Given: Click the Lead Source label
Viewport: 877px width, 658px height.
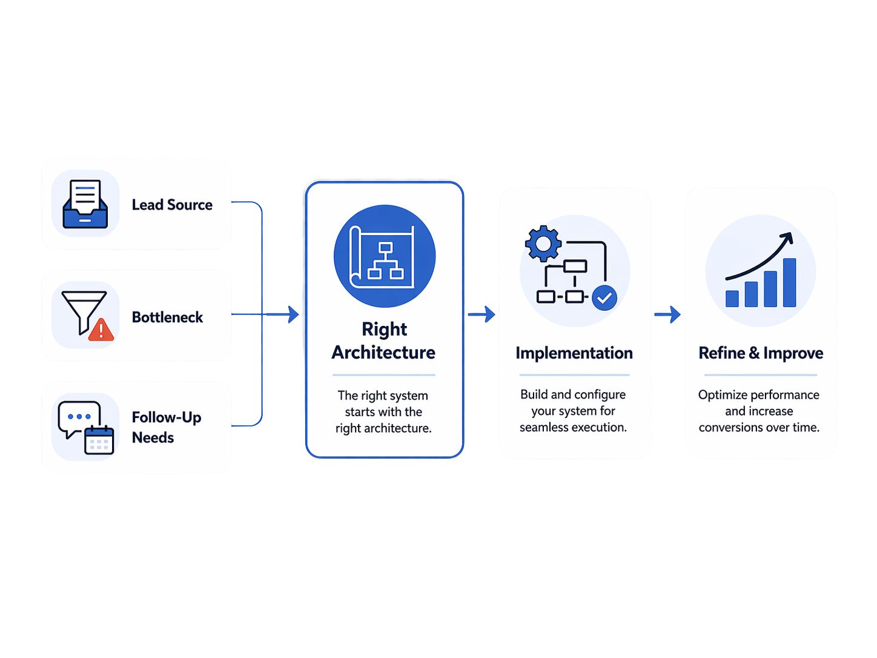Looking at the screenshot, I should coord(172,205).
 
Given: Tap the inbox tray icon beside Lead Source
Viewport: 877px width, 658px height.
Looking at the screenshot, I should coord(85,204).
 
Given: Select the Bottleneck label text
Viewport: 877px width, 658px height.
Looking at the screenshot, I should coord(167,317).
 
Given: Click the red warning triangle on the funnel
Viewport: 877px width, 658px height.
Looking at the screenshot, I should coord(101,330).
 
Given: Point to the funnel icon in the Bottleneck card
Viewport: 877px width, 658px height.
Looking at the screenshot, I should coord(82,309).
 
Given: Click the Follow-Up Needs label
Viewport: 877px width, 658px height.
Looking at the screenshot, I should coord(166,427).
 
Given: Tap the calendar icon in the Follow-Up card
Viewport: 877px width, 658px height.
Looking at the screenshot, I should coord(99,440).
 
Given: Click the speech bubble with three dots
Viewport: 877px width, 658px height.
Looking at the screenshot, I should coord(78,417).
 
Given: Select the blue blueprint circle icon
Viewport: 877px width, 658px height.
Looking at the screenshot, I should coord(385,256).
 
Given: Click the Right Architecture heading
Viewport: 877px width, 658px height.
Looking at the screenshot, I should coord(383,341).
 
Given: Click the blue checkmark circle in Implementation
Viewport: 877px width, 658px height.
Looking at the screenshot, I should coord(604,297).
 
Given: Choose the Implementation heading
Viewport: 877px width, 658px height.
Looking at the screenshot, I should coord(574,353).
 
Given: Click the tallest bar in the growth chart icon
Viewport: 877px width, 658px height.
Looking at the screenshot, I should coord(789,283).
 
